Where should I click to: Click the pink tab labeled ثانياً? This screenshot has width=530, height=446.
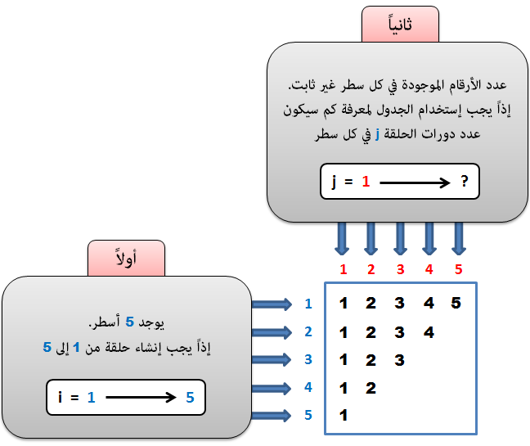(x=400, y=24)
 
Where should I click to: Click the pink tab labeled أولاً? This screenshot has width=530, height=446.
(x=127, y=259)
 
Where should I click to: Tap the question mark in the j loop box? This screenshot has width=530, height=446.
(x=465, y=181)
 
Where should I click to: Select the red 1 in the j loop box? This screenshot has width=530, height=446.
(x=366, y=182)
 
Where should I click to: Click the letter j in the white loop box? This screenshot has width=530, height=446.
(x=334, y=182)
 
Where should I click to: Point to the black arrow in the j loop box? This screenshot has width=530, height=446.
(x=415, y=182)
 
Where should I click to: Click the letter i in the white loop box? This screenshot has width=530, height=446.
(x=61, y=397)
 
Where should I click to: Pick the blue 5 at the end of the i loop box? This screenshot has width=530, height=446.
(x=190, y=398)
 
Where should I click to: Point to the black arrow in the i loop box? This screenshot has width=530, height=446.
(x=141, y=398)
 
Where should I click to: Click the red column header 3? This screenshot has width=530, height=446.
(x=401, y=269)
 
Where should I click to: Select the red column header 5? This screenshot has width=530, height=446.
(x=458, y=269)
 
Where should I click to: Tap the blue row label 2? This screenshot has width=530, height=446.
(x=308, y=331)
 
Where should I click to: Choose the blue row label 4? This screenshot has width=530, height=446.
(x=308, y=387)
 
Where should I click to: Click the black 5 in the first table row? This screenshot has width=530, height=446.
(x=456, y=303)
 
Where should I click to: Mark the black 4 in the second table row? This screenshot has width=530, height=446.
(x=429, y=332)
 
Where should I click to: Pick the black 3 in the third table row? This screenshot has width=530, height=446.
(x=399, y=360)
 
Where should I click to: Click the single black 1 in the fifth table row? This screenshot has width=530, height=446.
(x=344, y=415)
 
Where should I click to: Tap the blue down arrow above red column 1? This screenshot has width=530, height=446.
(x=342, y=239)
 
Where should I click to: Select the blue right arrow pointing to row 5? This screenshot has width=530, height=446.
(x=272, y=416)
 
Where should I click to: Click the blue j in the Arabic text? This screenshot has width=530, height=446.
(x=377, y=134)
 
